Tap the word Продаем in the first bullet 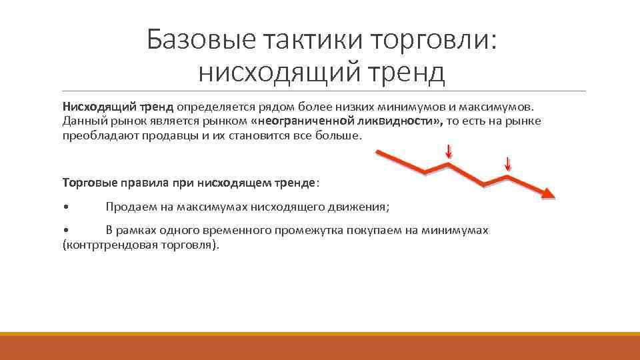(130, 207)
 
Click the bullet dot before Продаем (65, 207)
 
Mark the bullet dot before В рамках (65, 230)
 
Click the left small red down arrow (449, 152)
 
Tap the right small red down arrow (507, 163)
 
